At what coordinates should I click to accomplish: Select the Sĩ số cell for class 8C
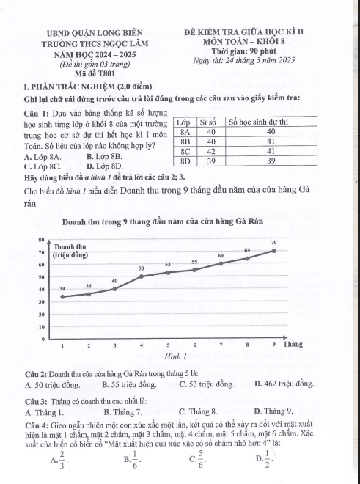click(x=210, y=150)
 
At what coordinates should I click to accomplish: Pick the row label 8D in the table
click(x=185, y=160)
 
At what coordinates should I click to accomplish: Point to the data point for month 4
click(x=142, y=276)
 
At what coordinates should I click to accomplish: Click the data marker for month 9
click(x=274, y=250)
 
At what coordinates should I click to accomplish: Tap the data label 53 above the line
click(x=168, y=264)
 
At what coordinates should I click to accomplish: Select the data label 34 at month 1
click(x=62, y=289)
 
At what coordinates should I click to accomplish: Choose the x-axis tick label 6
click(x=194, y=344)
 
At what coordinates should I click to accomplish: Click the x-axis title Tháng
click(x=293, y=344)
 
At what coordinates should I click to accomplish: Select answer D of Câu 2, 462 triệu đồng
click(x=284, y=384)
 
